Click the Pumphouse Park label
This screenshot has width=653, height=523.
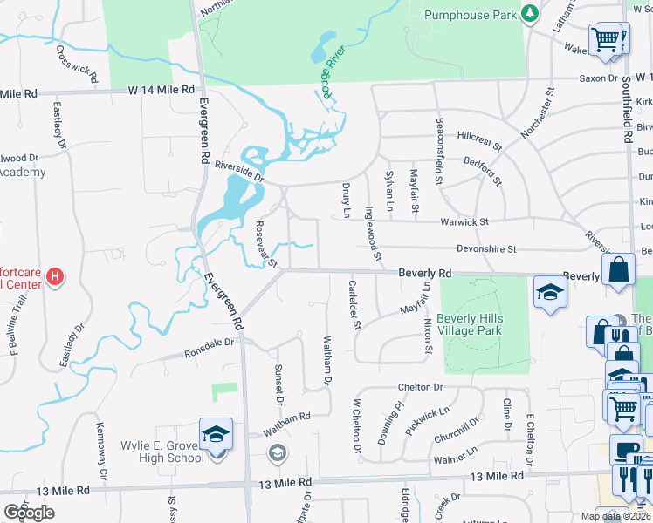(x=470, y=14)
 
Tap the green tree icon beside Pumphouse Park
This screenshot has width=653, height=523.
(x=528, y=12)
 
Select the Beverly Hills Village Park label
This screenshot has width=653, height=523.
(x=470, y=324)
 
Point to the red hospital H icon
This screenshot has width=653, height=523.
(x=55, y=277)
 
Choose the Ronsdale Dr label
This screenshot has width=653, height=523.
(x=210, y=349)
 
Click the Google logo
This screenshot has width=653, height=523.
(x=29, y=512)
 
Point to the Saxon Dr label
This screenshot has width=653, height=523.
(x=600, y=78)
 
